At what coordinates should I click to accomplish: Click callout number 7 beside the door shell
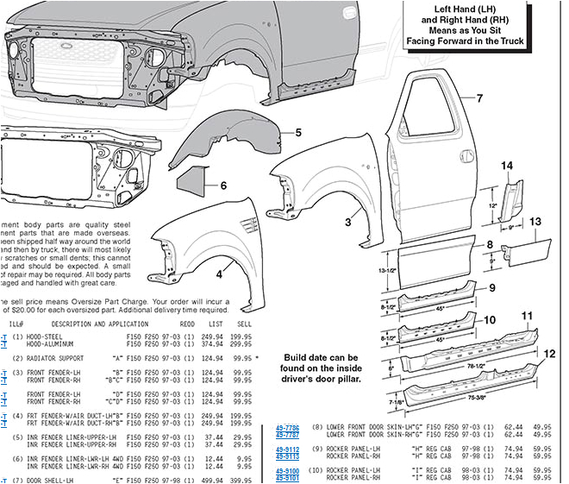tap(479, 98)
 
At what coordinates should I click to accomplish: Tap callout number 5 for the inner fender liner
tap(297, 133)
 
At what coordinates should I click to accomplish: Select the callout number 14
tap(508, 166)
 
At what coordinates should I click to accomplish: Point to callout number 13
tap(535, 222)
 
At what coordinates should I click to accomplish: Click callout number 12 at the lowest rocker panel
tap(550, 355)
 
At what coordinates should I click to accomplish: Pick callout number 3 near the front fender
tap(348, 222)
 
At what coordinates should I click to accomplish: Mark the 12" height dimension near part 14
tap(493, 207)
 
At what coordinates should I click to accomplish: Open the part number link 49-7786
tap(287, 426)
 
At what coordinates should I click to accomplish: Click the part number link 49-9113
tap(287, 456)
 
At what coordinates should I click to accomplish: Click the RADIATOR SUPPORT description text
tap(68, 357)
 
